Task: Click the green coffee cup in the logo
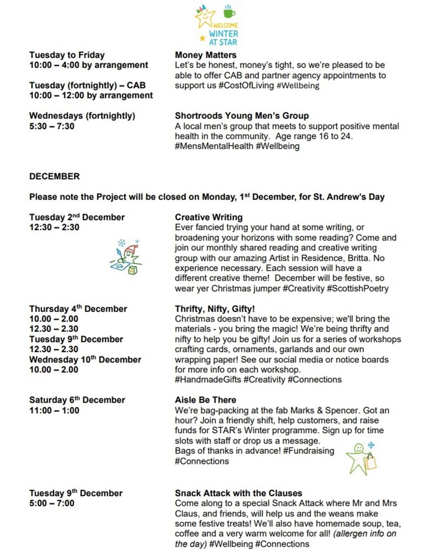[229, 13]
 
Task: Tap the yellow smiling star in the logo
[205, 17]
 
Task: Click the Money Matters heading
[205, 55]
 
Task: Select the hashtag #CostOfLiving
[246, 85]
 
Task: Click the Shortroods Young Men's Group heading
[241, 116]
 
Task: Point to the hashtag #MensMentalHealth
[214, 146]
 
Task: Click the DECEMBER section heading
[54, 176]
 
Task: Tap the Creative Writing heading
[209, 217]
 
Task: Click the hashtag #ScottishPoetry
[357, 289]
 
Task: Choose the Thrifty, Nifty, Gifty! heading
[215, 309]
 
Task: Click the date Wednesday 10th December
[85, 360]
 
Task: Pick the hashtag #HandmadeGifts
[208, 380]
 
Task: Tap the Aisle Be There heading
[205, 400]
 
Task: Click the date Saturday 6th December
[77, 400]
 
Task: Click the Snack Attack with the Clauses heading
[238, 493]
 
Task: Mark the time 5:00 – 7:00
[52, 503]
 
